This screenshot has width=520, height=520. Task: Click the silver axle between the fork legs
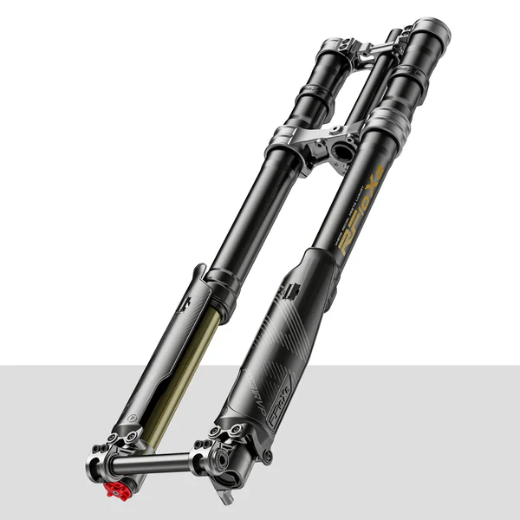tap(161, 465)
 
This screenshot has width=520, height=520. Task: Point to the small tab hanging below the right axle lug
tap(228, 497)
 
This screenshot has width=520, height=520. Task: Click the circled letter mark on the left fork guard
tap(133, 417)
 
